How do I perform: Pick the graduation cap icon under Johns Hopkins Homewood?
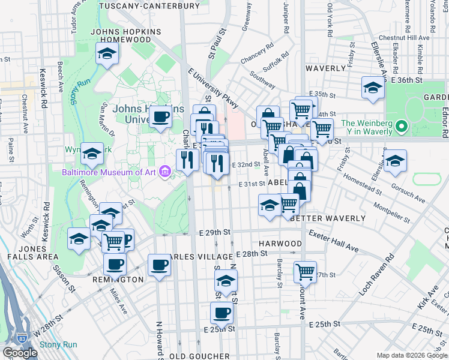(107, 54)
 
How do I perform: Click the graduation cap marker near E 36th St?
(372, 88)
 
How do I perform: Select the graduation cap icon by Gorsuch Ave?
(395, 160)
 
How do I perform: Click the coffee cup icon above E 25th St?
(221, 312)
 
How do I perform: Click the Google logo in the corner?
(20, 353)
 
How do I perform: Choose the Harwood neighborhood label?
(280, 244)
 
